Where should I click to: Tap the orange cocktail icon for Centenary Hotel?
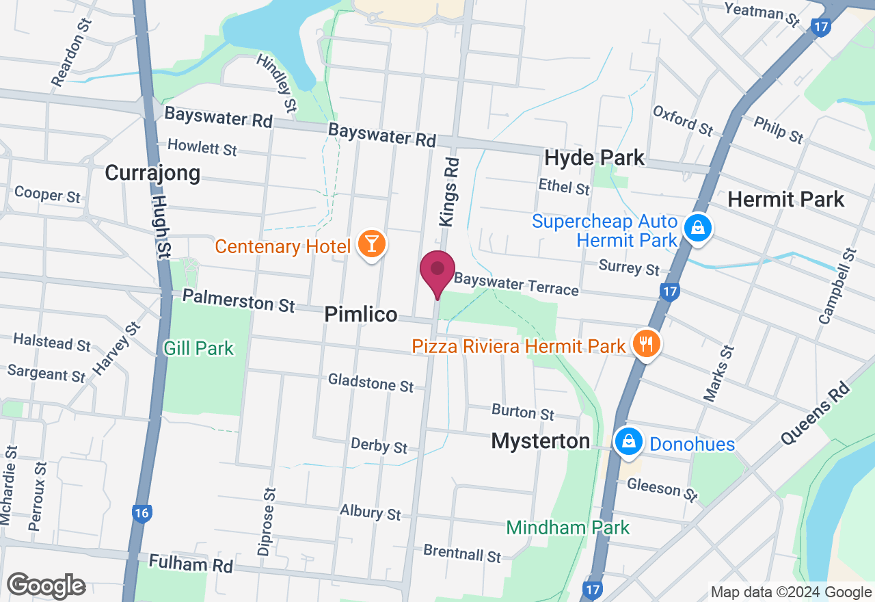tap(371, 244)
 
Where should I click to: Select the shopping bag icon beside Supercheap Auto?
tap(697, 227)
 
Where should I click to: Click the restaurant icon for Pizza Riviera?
tap(645, 343)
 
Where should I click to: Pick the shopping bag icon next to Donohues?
tap(628, 442)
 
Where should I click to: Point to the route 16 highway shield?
tap(142, 514)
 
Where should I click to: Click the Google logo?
tap(46, 586)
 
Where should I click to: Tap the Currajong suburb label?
tap(152, 173)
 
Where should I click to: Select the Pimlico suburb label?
tap(360, 315)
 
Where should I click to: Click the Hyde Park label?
tap(594, 158)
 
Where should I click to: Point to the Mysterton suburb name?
tap(541, 441)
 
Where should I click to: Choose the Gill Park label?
tap(198, 348)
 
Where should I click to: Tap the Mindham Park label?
tap(567, 527)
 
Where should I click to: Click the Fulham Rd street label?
tap(191, 564)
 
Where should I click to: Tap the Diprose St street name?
tap(267, 521)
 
